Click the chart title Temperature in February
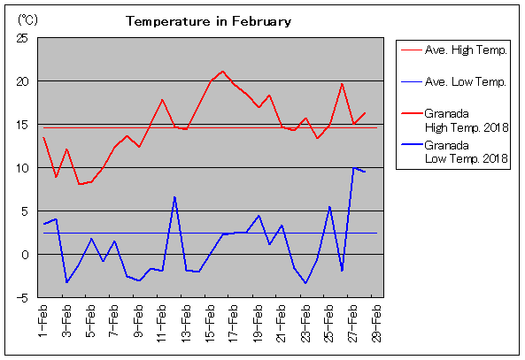click(x=208, y=21)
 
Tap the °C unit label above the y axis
click(x=27, y=20)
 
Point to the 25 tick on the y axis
click(x=22, y=38)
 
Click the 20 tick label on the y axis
click(x=22, y=81)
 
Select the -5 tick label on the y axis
click(x=22, y=297)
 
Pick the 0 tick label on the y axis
click(x=25, y=255)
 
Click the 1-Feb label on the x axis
click(x=43, y=321)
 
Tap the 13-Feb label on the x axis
click(x=186, y=323)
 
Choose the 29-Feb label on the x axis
click(x=376, y=323)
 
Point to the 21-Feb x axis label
click(x=282, y=323)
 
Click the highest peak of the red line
click(x=222, y=72)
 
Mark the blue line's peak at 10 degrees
click(x=353, y=168)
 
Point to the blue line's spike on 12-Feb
click(x=174, y=197)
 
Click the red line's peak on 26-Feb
click(x=342, y=84)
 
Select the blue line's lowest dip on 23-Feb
click(x=305, y=283)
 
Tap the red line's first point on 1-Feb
click(x=44, y=137)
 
